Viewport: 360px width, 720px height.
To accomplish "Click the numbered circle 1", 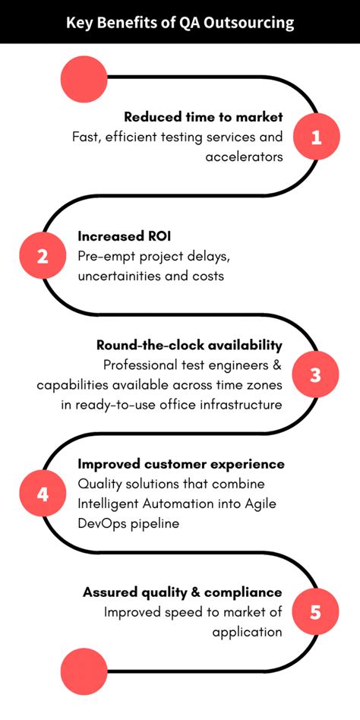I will tap(317, 137).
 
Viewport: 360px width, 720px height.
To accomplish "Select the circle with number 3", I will tap(317, 374).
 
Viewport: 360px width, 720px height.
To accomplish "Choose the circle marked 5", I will tap(317, 611).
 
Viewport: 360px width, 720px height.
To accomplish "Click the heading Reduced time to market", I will tap(203, 117).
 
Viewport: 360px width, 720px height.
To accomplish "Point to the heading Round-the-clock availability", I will tap(189, 345).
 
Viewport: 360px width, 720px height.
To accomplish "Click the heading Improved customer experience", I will tap(182, 463).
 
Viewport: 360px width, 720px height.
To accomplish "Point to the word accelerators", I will tap(244, 156).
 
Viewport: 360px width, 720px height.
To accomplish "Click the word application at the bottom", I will tap(247, 631).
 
